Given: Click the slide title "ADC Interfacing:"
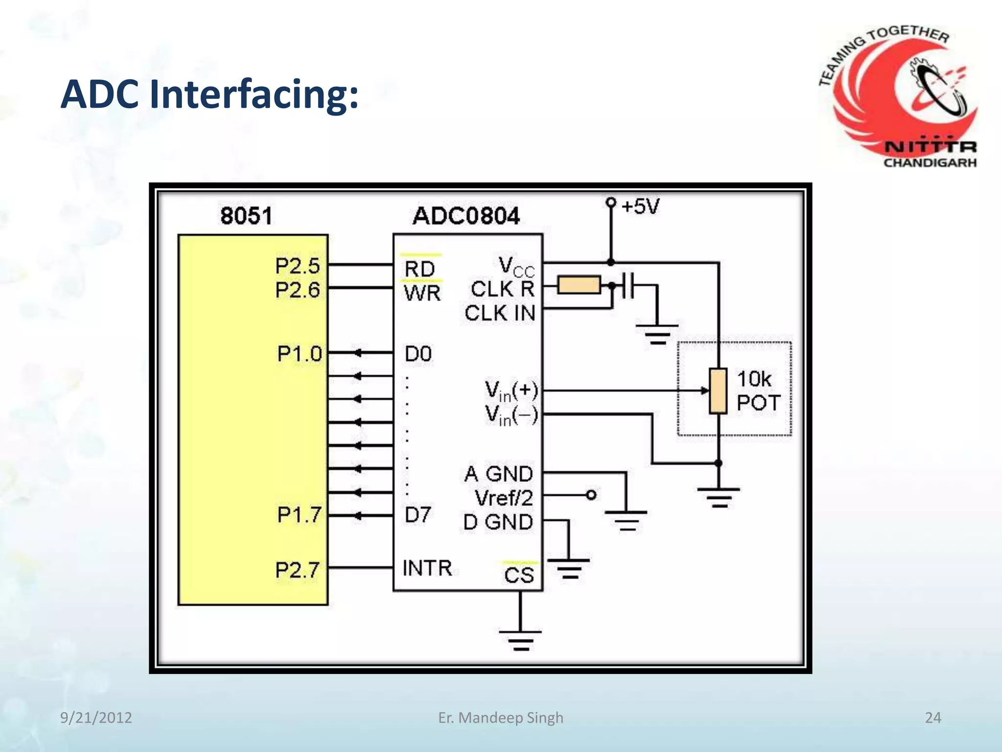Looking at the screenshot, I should [x=209, y=94].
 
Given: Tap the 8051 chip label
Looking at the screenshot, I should [x=246, y=216].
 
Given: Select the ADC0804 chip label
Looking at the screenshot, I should [x=466, y=216].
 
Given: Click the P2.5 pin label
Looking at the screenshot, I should [x=297, y=266].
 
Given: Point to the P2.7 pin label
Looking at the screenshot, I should [x=297, y=570].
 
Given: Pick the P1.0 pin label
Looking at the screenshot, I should [x=299, y=354].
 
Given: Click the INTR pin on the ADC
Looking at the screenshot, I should [x=427, y=568].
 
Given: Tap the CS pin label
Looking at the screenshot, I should [x=519, y=575].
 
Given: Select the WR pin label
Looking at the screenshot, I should [x=422, y=293].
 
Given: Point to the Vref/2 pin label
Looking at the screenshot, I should [x=503, y=498].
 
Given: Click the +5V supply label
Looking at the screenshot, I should [x=640, y=207].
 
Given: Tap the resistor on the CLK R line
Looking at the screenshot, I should [x=579, y=285].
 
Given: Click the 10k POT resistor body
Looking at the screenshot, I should [x=718, y=391].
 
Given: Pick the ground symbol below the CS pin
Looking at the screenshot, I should [x=521, y=639].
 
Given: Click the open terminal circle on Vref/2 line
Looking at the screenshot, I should [x=591, y=495].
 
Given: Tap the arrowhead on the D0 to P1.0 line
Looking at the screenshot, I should [x=358, y=352].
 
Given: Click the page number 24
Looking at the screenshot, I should [x=933, y=718].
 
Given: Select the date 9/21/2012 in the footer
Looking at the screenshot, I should [x=96, y=718].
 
